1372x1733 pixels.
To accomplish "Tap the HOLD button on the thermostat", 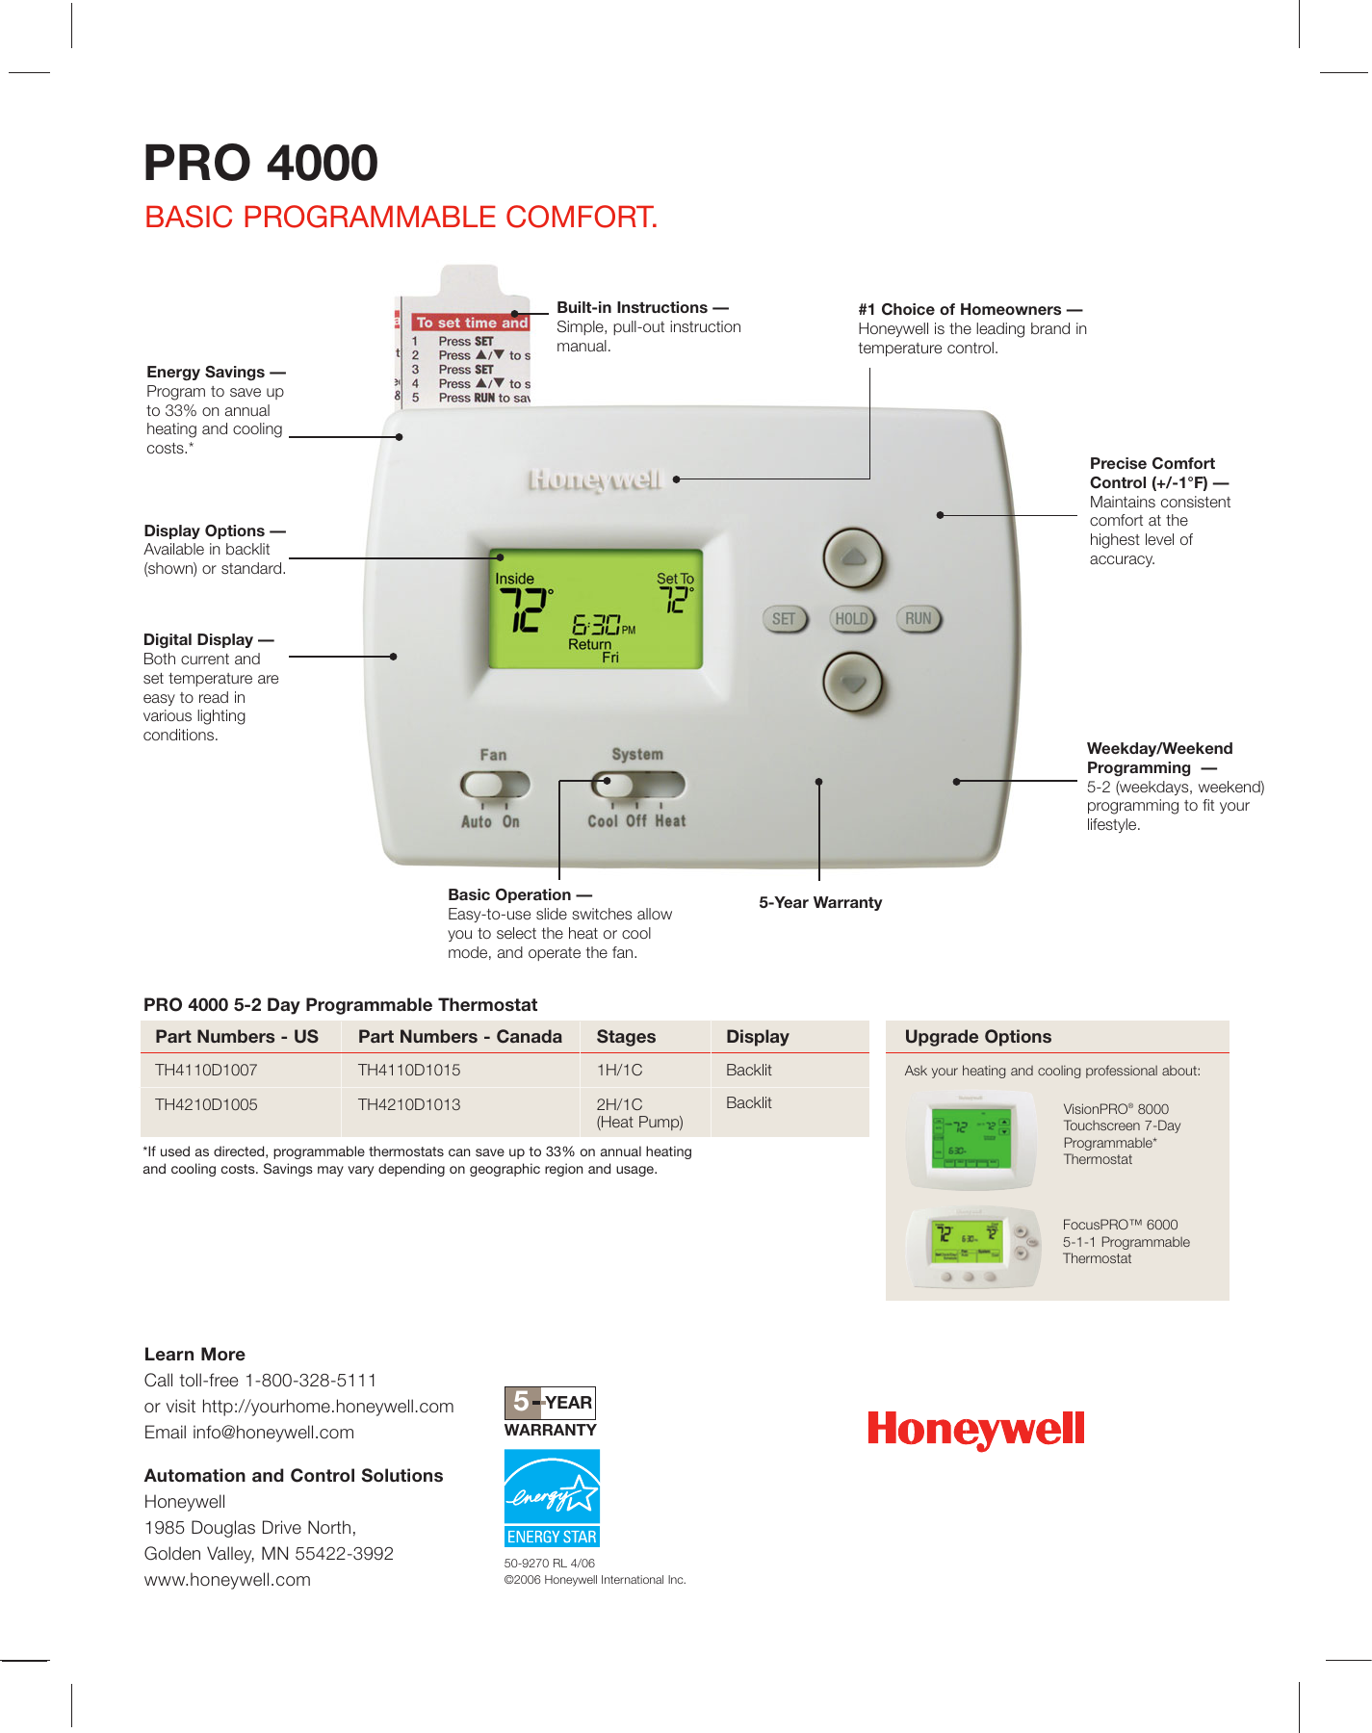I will coord(851,619).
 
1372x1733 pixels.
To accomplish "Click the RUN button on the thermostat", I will coord(919,619).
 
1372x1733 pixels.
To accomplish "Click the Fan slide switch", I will coord(495,785).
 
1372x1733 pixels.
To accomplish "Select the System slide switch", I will coord(636,785).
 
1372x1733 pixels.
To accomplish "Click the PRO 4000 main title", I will coord(261,163).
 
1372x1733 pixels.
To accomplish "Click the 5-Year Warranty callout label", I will coord(819,902).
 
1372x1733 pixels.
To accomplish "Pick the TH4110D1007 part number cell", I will coord(206,1070).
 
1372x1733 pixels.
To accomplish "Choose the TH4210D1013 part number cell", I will coord(409,1104).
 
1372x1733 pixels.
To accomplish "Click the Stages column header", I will coord(626,1037).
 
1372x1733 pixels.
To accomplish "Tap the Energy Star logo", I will coord(552,1498).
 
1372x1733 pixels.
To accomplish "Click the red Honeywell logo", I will coord(975,1430).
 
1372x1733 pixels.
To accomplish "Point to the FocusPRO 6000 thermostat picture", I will coord(972,1247).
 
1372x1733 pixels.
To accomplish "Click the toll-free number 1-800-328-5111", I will coord(310,1381).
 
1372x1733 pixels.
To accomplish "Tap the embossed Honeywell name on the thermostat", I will coord(595,479).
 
